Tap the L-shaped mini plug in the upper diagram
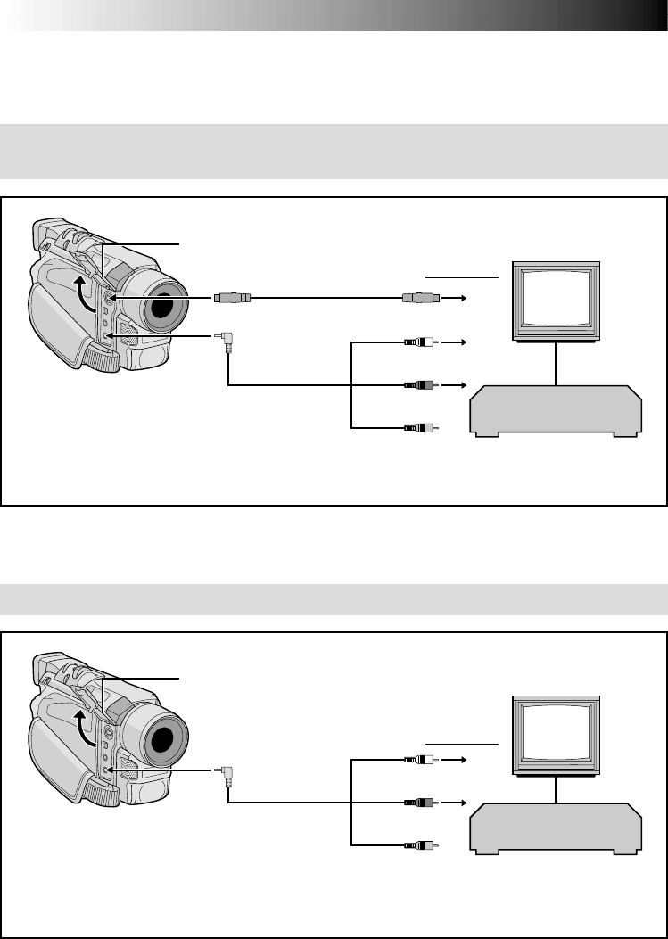pos(225,340)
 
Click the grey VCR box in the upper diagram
pos(555,411)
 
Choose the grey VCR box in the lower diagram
pos(555,828)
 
